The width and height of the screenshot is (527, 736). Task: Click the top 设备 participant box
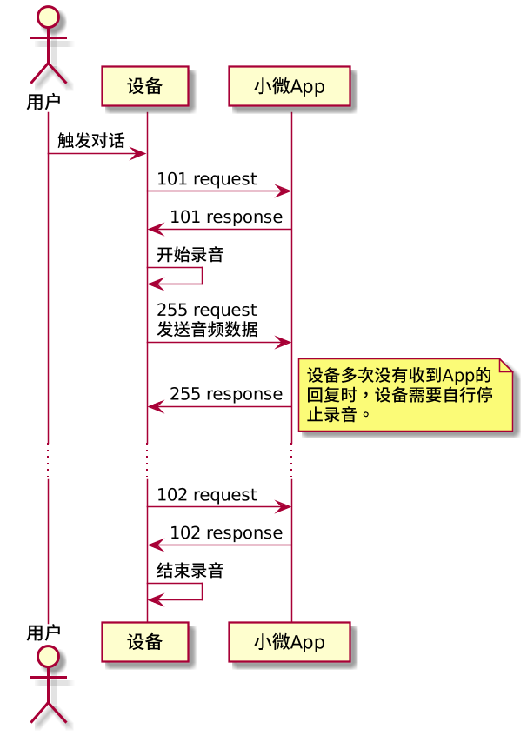(145, 86)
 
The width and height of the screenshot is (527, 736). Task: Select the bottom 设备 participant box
(145, 643)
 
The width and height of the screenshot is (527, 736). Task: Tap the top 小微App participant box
(290, 86)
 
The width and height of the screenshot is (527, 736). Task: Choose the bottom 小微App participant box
(290, 643)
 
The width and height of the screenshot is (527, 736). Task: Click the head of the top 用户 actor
(48, 17)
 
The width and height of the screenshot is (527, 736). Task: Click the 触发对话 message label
(91, 141)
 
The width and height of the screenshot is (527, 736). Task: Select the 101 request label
(207, 179)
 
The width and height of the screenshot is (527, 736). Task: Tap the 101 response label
(226, 217)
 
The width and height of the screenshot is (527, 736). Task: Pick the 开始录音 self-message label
(190, 256)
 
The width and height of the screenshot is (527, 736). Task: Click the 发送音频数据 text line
(207, 329)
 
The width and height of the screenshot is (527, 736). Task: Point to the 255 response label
(226, 394)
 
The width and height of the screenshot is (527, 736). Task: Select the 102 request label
(207, 495)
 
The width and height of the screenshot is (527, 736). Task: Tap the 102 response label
(226, 533)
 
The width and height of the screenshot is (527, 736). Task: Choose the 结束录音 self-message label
(190, 572)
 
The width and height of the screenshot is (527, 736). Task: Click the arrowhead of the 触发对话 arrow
(139, 154)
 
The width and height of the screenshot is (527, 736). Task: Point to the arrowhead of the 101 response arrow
(154, 230)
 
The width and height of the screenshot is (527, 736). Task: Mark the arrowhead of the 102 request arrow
(284, 506)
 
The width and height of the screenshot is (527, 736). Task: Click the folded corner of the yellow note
(506, 365)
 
